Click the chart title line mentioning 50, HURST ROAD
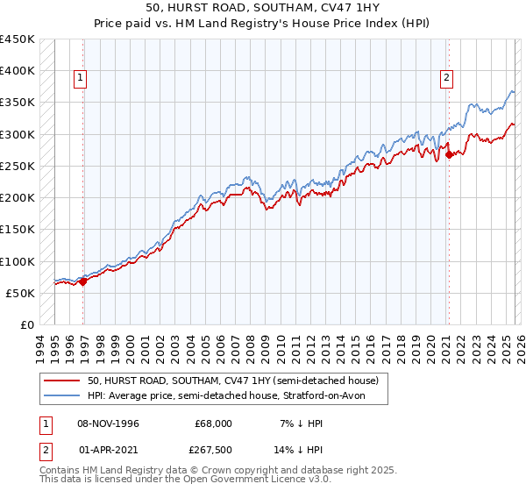pyautogui.click(x=263, y=6)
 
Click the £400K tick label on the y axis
pyautogui.click(x=18, y=71)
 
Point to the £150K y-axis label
pyautogui.click(x=18, y=230)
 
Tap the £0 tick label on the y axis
pyautogui.click(x=27, y=325)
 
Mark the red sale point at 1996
pyautogui.click(x=83, y=281)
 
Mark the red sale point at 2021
pyautogui.click(x=449, y=155)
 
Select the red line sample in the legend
pyautogui.click(x=63, y=381)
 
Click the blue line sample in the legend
pyautogui.click(x=63, y=396)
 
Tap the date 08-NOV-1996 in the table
pyautogui.click(x=108, y=423)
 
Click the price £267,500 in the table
pyautogui.click(x=213, y=450)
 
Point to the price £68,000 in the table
pyautogui.click(x=213, y=423)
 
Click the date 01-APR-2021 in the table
pyautogui.click(x=108, y=450)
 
